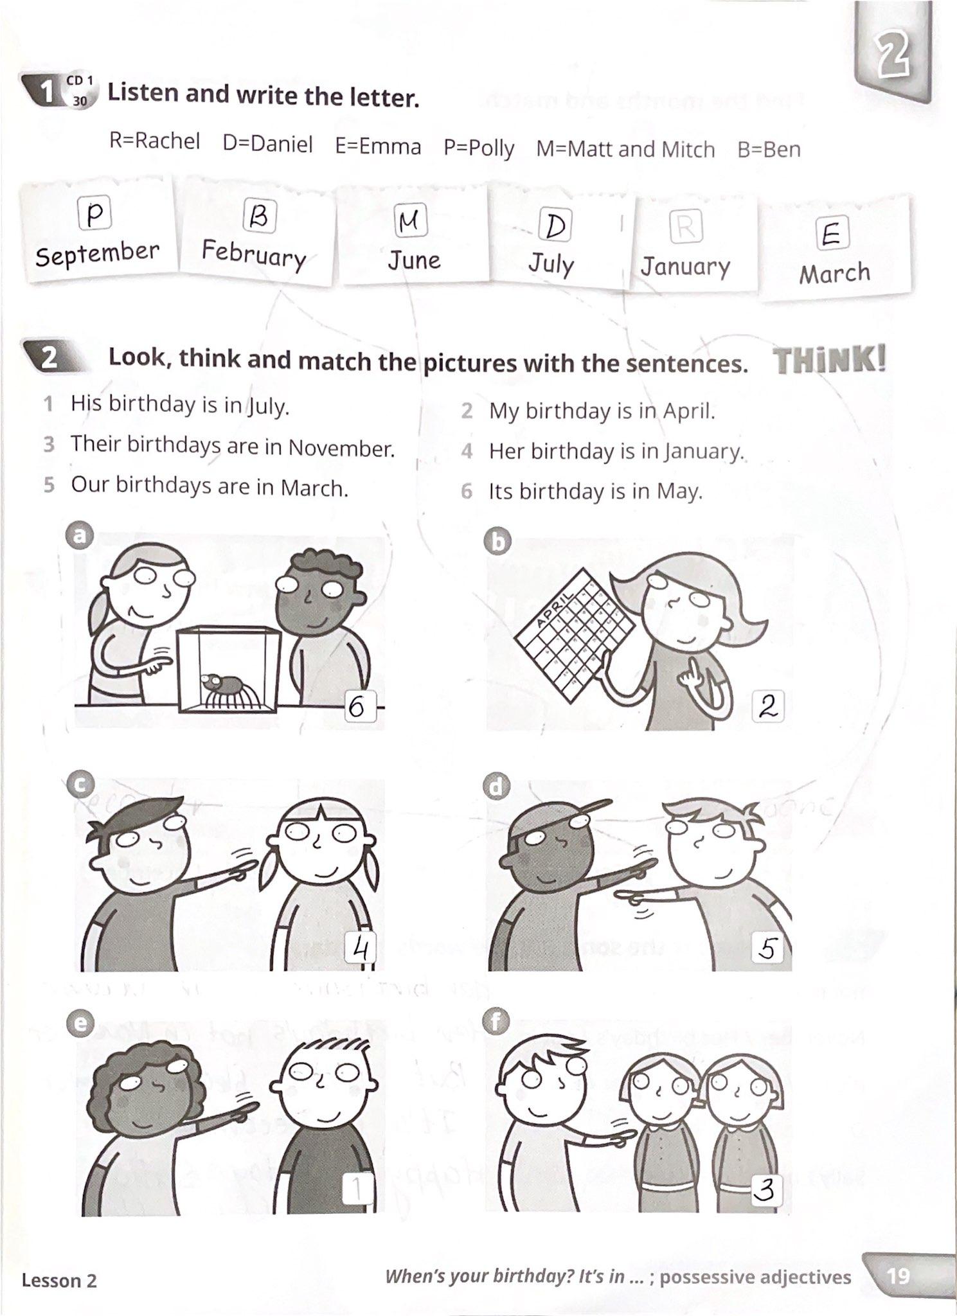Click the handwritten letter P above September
point(94,214)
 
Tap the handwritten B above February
point(258,216)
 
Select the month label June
point(414,260)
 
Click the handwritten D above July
point(555,226)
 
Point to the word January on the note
point(685,266)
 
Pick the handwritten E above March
point(832,234)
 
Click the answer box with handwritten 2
point(767,707)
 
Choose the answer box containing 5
point(767,948)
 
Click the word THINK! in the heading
point(829,360)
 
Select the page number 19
point(898,1275)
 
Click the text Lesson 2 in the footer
point(59,1281)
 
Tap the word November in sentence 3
point(341,448)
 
